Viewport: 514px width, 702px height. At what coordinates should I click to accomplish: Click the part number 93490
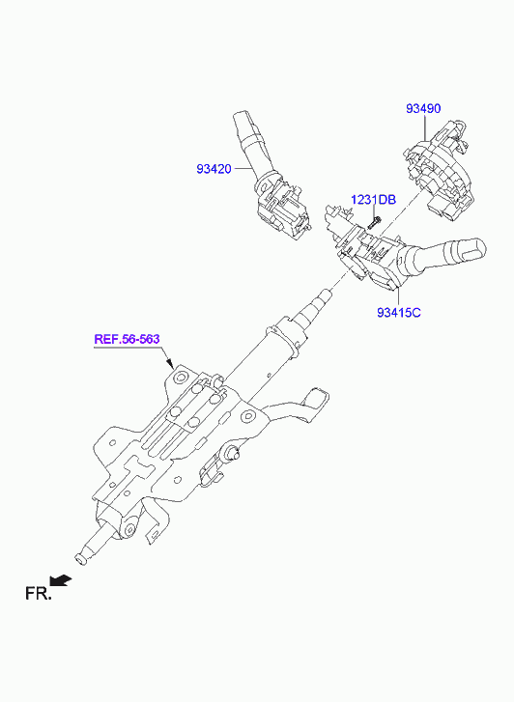[x=423, y=108]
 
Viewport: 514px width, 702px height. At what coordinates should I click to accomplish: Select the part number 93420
[x=214, y=169]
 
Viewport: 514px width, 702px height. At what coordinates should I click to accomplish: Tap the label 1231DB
[x=373, y=199]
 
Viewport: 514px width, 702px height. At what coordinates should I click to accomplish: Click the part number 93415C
[x=398, y=312]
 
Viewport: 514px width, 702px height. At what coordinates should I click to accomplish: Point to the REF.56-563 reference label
[x=127, y=339]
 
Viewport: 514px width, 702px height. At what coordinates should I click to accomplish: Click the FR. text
[x=39, y=594]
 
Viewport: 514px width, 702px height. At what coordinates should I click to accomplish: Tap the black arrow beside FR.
[x=61, y=579]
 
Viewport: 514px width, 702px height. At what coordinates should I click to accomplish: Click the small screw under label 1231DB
[x=374, y=222]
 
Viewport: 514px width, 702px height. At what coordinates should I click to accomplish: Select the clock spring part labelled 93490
[x=439, y=169]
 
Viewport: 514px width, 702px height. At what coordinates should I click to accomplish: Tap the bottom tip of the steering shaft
[x=80, y=558]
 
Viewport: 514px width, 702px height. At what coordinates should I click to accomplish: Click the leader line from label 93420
[x=243, y=169]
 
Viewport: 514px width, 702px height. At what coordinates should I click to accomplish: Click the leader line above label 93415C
[x=398, y=296]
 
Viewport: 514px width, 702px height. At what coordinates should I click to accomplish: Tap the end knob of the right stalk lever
[x=471, y=252]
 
